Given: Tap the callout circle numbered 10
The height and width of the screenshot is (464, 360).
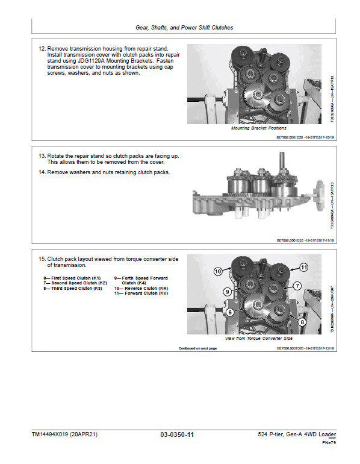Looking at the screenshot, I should click(x=217, y=272).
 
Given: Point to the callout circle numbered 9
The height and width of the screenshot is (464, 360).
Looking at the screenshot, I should click(x=228, y=292).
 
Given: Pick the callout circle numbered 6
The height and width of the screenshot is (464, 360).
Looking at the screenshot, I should click(x=229, y=312).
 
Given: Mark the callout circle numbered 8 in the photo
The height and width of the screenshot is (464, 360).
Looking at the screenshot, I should click(x=302, y=322).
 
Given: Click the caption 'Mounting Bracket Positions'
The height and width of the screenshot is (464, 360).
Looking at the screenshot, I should click(x=259, y=128).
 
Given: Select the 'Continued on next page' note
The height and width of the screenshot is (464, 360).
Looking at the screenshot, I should click(x=197, y=348).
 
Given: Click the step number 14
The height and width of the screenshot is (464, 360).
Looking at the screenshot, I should click(x=42, y=172).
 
